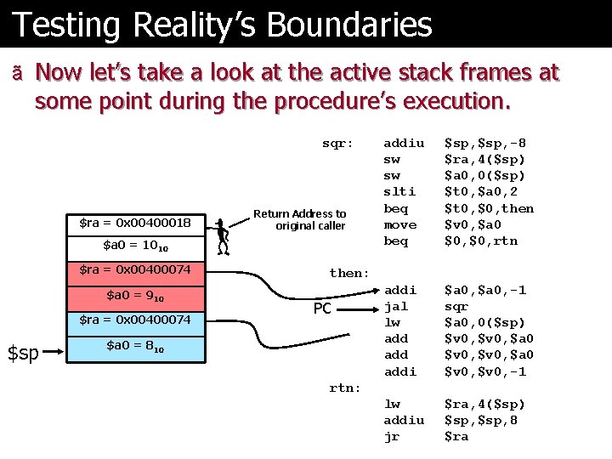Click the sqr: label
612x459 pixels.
[337, 143]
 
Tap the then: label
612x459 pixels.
[349, 273]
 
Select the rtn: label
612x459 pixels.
[345, 388]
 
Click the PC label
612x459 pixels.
[322, 309]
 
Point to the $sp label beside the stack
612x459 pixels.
[23, 351]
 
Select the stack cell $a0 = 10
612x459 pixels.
[135, 246]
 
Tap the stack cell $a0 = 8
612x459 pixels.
[135, 346]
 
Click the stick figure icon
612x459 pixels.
[223, 236]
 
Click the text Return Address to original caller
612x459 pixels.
[300, 219]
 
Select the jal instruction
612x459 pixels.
[396, 306]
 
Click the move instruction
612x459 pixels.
[399, 224]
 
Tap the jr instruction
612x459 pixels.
[392, 436]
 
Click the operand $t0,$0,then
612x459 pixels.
[490, 208]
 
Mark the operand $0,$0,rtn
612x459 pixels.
[481, 241]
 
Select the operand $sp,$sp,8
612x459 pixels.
[481, 420]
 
